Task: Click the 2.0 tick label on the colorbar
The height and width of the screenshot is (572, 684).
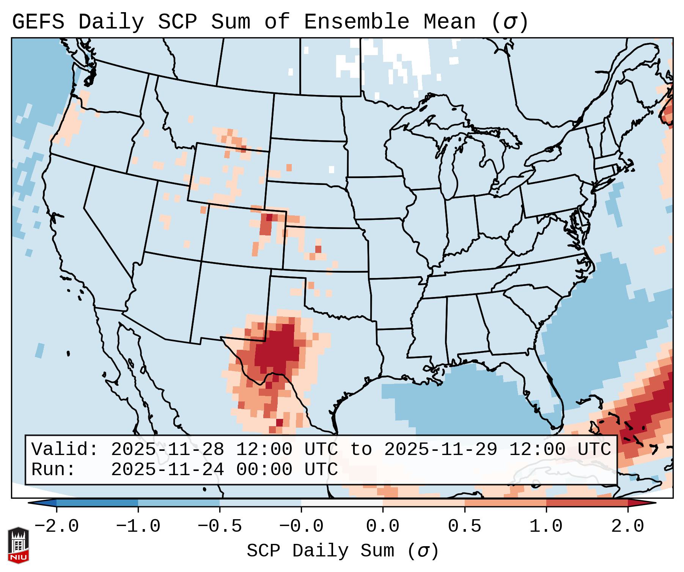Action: coord(627,526)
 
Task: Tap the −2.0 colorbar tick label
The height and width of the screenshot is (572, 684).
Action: coord(56,526)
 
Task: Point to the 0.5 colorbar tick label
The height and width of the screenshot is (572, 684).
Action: coord(464,526)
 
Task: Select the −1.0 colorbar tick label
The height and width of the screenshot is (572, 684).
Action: coord(138,526)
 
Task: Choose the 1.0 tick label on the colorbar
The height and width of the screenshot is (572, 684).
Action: coord(546,526)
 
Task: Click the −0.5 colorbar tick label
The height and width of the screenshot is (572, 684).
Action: coord(219,526)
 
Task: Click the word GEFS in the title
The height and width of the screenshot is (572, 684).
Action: coord(38,22)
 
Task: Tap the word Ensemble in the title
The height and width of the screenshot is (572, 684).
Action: coord(356,22)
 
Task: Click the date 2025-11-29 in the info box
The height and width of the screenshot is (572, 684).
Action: coord(440,449)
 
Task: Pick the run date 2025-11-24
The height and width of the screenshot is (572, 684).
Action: coord(167,469)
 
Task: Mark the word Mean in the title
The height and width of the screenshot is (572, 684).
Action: coord(450,22)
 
